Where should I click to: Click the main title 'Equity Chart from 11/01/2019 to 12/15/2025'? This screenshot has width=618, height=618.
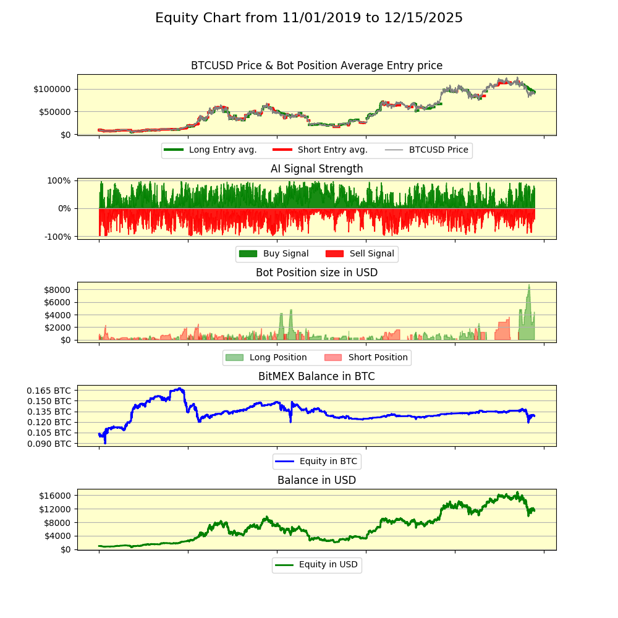tap(309, 18)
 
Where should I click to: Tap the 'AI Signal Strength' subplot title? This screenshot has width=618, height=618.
tap(316, 169)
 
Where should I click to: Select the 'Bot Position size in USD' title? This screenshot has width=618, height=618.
tap(316, 273)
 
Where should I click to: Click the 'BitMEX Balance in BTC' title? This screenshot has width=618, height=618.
tap(316, 376)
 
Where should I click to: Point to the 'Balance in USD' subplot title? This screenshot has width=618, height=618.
tap(316, 480)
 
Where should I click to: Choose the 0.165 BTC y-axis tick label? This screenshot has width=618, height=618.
tap(49, 391)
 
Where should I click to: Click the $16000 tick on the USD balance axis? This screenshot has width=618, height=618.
tap(55, 496)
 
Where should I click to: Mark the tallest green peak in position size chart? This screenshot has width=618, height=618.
tap(529, 285)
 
